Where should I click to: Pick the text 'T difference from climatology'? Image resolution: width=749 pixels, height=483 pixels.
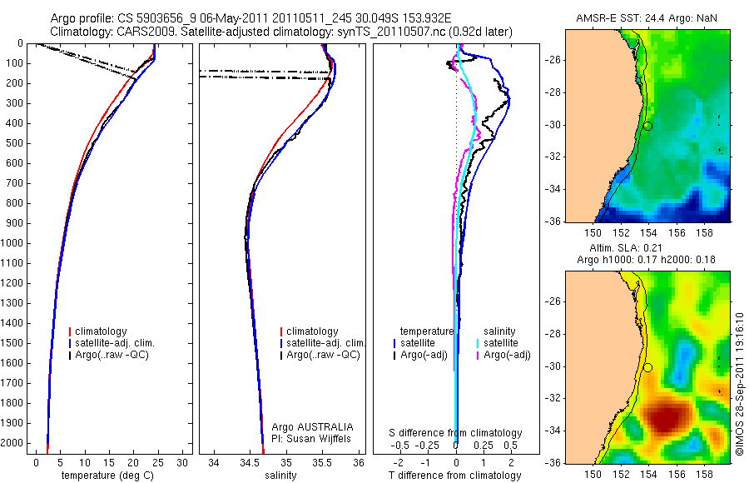pos(455,476)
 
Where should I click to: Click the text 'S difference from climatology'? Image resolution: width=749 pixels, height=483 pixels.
pos(456,433)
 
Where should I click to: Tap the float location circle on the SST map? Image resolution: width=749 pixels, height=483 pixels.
pos(647,126)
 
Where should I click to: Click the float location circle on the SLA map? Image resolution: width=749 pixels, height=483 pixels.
pos(647,367)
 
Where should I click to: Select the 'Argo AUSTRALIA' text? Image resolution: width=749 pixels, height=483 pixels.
pos(306,426)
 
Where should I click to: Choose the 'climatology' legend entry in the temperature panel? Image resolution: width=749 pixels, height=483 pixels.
pos(104,331)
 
